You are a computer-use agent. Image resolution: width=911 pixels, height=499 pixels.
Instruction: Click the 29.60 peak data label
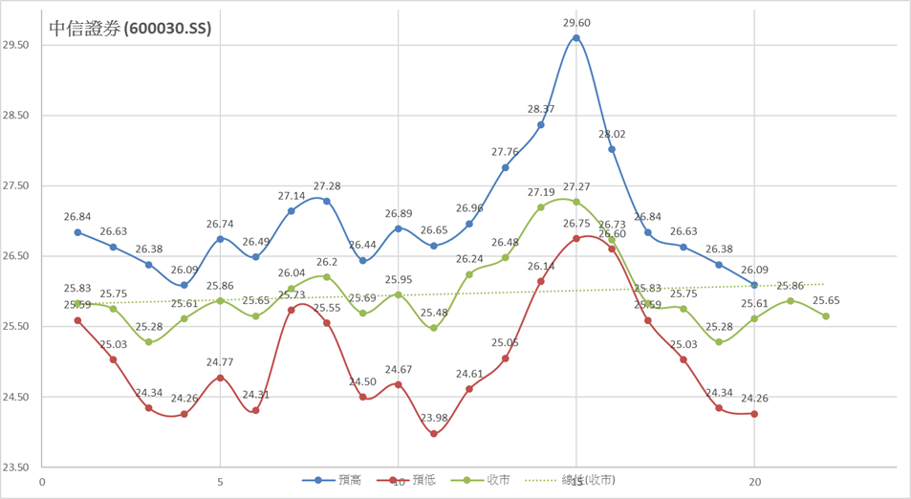[x=576, y=22]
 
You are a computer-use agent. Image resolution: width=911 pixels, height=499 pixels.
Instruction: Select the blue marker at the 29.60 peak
[x=576, y=38]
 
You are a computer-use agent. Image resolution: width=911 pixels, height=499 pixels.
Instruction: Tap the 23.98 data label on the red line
[x=434, y=418]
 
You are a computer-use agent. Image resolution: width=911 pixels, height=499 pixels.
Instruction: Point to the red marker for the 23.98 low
[x=434, y=434]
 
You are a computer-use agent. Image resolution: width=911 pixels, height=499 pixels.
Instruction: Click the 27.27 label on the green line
[x=576, y=186]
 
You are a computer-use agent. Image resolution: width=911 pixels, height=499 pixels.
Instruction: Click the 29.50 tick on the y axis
[x=17, y=45]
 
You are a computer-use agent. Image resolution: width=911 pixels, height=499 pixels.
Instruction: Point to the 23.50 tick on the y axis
[x=17, y=467]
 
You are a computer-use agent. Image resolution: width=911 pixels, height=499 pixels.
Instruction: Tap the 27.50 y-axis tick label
[x=17, y=185]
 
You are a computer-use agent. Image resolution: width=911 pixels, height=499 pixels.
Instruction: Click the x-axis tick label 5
[x=221, y=482]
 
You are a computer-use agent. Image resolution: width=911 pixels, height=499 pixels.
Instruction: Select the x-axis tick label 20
[x=754, y=482]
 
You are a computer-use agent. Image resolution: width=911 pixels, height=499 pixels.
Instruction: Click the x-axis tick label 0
[x=42, y=482]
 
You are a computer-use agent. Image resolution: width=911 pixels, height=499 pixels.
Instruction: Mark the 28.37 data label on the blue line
[x=541, y=109]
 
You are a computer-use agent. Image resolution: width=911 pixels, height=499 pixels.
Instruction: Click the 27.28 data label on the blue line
[x=328, y=185]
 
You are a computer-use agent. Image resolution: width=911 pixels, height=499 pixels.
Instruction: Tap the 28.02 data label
[x=612, y=134]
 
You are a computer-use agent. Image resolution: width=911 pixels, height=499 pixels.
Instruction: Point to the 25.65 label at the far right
[x=826, y=300]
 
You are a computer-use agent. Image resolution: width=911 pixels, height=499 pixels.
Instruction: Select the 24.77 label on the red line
[x=221, y=362]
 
